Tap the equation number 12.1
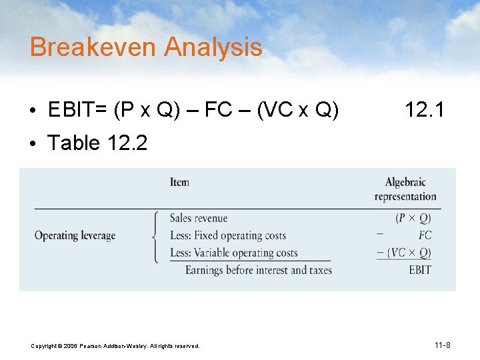(424, 110)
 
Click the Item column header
(179, 182)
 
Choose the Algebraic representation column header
(405, 189)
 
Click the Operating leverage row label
(75, 235)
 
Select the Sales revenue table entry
(199, 218)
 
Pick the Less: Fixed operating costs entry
(228, 235)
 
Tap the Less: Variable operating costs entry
(233, 253)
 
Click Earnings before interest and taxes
(258, 270)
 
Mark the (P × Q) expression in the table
(413, 218)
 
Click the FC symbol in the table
(425, 235)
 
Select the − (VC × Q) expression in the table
(404, 253)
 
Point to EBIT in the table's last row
(419, 270)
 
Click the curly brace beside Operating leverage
(156, 235)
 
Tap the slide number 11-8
(442, 345)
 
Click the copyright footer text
(115, 346)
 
